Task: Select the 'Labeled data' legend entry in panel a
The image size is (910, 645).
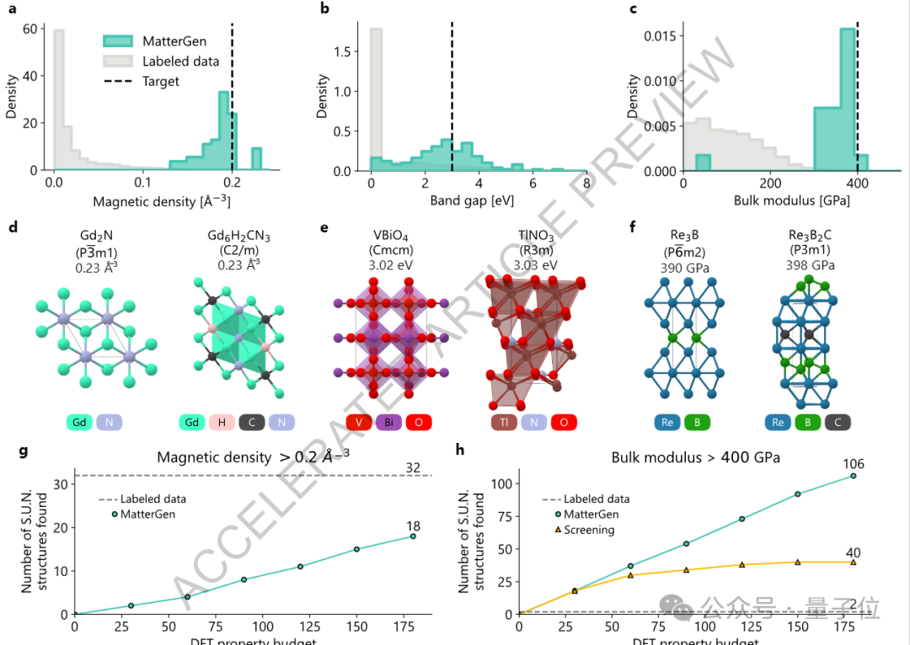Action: click(x=180, y=61)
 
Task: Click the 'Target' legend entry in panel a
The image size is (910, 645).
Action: click(x=161, y=82)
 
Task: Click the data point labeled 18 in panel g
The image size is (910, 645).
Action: click(x=413, y=536)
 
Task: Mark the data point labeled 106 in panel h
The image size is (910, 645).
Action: click(x=853, y=476)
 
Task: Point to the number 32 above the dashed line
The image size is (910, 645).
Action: click(x=413, y=467)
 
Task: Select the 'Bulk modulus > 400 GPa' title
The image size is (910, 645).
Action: click(x=695, y=458)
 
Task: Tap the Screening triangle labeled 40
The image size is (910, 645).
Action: click(x=853, y=562)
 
